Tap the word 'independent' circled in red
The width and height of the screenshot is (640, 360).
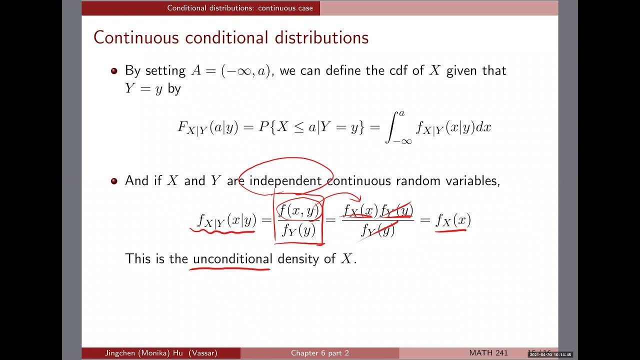click(x=285, y=180)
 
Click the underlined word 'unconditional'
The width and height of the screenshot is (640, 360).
click(x=232, y=258)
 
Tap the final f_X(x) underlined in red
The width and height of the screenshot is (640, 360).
click(x=453, y=220)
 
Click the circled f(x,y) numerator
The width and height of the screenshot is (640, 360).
click(x=298, y=211)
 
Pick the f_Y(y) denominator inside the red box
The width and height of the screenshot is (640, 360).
click(x=298, y=230)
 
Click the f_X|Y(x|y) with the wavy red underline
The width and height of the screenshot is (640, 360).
click(x=226, y=220)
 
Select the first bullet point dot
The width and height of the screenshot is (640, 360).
click(x=114, y=71)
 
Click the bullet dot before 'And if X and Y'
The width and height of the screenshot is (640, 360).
click(x=114, y=181)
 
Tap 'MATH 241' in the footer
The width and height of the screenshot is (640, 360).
click(x=488, y=353)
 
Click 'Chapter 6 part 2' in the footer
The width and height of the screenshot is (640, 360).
click(x=320, y=353)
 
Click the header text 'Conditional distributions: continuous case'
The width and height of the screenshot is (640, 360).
click(x=240, y=8)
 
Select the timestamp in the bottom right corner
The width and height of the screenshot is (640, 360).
click(x=550, y=354)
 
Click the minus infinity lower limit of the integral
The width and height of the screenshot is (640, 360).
click(x=402, y=141)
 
